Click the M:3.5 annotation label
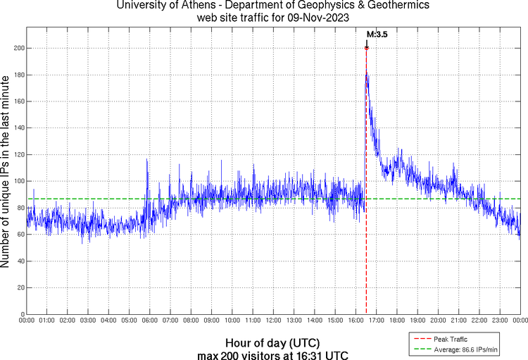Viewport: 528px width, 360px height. pos(377,33)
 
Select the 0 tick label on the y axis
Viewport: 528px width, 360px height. pos(22,314)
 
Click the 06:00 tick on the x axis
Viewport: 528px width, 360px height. pos(150,321)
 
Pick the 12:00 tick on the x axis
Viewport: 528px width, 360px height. pos(273,321)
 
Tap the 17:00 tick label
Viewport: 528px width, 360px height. pos(376,321)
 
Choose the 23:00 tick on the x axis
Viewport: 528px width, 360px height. pos(499,321)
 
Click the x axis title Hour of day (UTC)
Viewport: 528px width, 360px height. pos(272,343)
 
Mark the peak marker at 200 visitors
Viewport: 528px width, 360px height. pos(367,48)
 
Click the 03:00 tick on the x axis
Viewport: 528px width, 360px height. pos(88,321)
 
